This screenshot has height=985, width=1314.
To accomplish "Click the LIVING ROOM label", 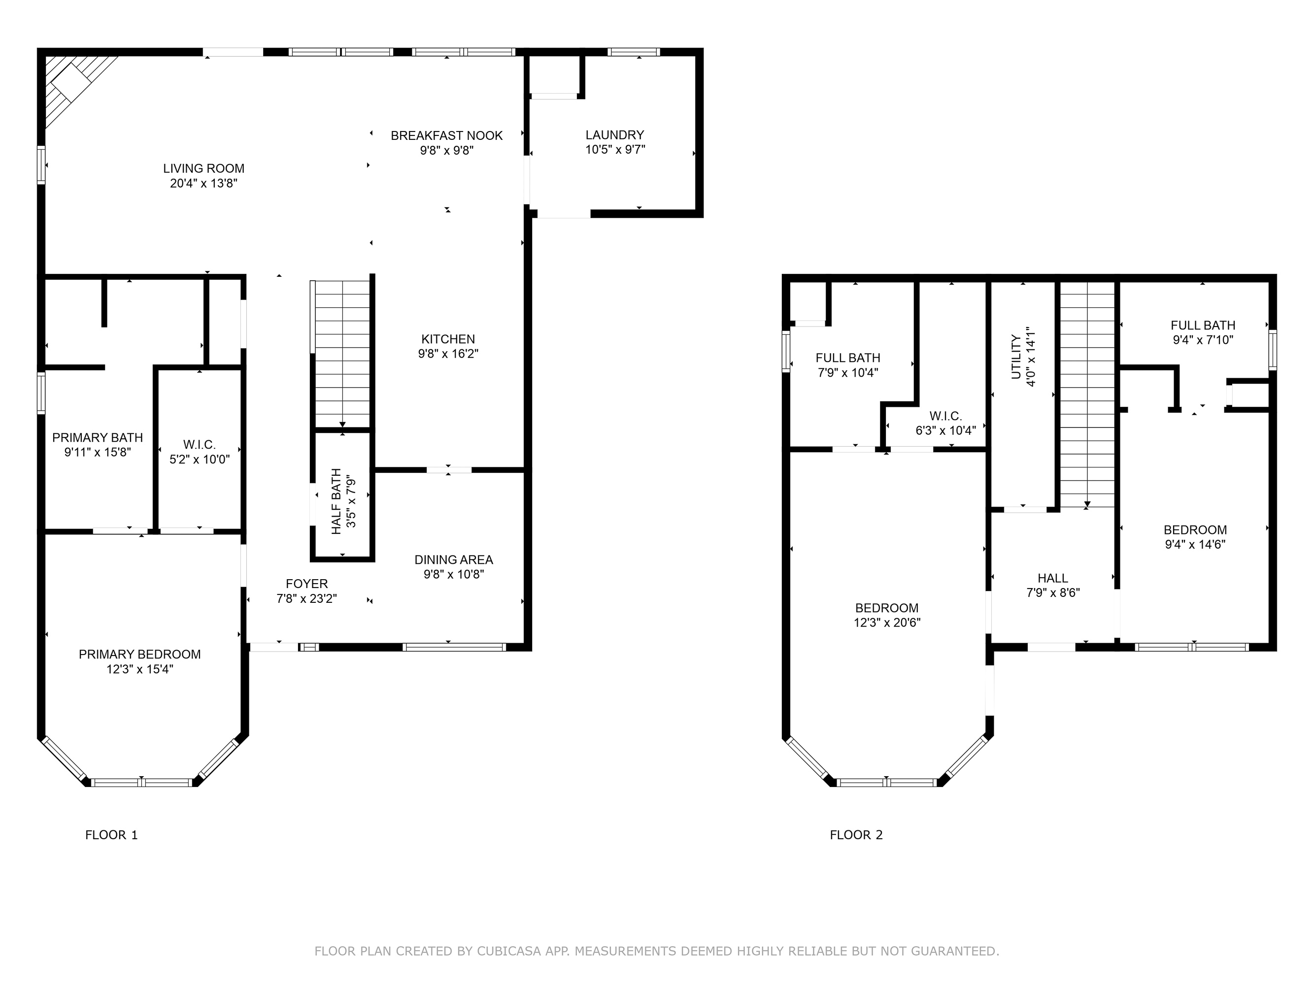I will [204, 168].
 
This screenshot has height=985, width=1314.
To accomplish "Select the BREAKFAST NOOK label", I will [447, 135].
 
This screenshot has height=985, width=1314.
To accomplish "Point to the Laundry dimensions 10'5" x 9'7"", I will [615, 150].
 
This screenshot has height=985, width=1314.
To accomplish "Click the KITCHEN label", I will [448, 339].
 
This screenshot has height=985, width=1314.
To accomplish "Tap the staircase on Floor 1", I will [342, 354].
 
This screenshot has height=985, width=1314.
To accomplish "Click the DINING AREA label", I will [454, 559].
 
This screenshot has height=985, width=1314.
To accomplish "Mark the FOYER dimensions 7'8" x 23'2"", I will [306, 598].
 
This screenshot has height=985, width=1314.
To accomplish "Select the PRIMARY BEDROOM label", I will [139, 655].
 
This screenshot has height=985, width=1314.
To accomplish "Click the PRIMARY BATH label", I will [98, 437].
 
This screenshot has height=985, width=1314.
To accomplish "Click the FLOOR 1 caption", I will [112, 835].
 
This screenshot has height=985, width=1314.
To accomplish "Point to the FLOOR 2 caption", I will [856, 835].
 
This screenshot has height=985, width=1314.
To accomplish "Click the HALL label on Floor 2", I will [1052, 578].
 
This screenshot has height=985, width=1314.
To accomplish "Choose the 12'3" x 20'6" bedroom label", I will [887, 622].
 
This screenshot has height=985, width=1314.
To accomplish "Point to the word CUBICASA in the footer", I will [508, 951].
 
